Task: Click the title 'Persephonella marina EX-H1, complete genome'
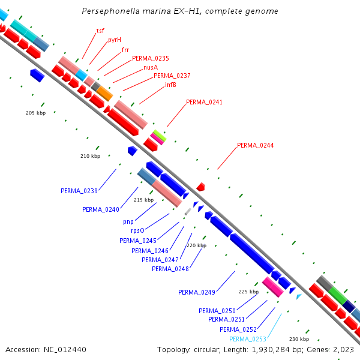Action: pyautogui.click(x=179, y=11)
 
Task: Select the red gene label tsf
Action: pyautogui.click(x=100, y=31)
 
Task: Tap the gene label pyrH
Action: pyautogui.click(x=114, y=40)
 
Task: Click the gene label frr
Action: pyautogui.click(x=125, y=50)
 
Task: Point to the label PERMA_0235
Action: pyautogui.click(x=150, y=59)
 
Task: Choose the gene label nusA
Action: pyautogui.click(x=150, y=68)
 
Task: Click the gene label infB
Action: pyautogui.click(x=170, y=85)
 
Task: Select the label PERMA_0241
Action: pyautogui.click(x=204, y=103)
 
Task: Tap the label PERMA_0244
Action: pyautogui.click(x=255, y=145)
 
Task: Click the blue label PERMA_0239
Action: pyautogui.click(x=79, y=191)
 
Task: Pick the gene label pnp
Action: pyautogui.click(x=128, y=221)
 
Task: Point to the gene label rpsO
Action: pyautogui.click(x=137, y=231)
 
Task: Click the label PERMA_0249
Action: pyautogui.click(x=196, y=292)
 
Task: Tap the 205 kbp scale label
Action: pyautogui.click(x=35, y=113)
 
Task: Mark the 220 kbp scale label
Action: pyautogui.click(x=196, y=245)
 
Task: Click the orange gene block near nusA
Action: pyautogui.click(x=104, y=93)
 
